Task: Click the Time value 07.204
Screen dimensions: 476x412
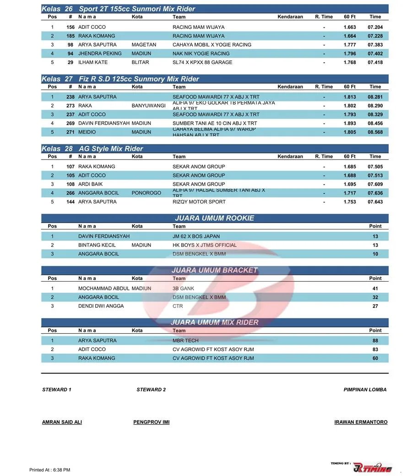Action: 375,27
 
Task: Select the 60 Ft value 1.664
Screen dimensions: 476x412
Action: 349,36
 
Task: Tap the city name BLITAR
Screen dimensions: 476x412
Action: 140,62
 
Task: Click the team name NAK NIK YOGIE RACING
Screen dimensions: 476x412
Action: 201,53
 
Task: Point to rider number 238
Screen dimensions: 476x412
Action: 70,97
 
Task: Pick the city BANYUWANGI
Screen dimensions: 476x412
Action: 148,106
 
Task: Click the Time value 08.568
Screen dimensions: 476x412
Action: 375,132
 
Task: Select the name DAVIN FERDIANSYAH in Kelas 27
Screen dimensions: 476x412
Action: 104,123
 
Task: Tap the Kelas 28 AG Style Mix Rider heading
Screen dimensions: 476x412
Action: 92,149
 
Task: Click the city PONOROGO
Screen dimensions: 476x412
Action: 146,193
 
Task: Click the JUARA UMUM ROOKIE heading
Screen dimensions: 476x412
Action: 214,218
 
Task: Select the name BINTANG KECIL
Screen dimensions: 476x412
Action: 97,245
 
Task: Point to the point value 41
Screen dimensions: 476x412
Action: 375,289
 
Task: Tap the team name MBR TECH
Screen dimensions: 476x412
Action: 185,341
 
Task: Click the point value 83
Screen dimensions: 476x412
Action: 375,349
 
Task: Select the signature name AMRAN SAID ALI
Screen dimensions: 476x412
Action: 62,422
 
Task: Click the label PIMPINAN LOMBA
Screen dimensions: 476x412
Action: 365,390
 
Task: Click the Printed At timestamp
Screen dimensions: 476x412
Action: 50,470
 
